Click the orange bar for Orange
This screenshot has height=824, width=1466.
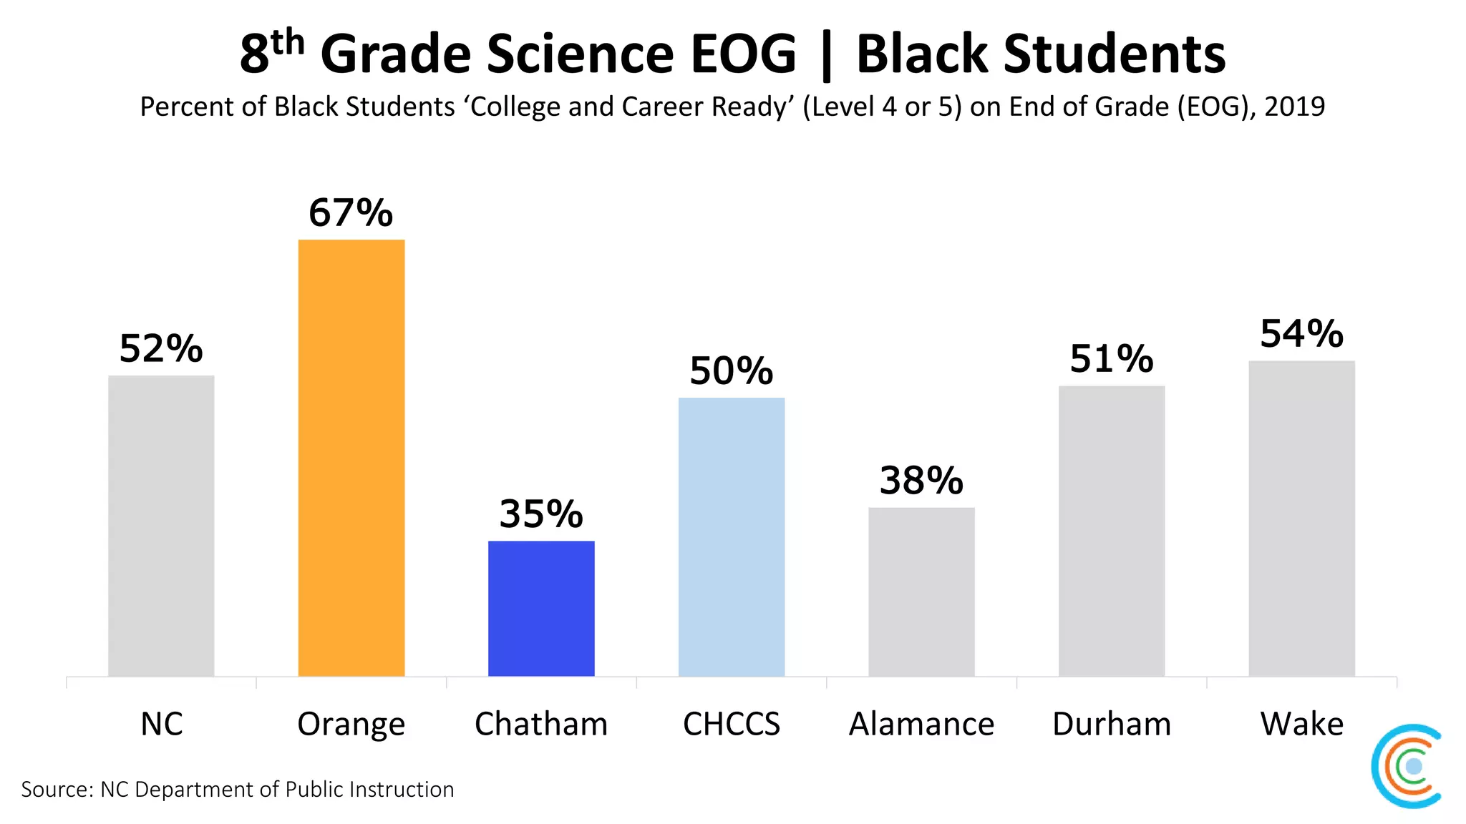tap(351, 458)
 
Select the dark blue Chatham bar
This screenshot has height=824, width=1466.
tap(541, 609)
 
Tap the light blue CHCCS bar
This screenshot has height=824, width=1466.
tap(732, 536)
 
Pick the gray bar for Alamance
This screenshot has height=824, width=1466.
tap(921, 592)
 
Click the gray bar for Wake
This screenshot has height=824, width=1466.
tap(1301, 519)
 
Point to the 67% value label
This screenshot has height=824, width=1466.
tap(351, 213)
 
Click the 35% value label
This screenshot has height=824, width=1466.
tap(541, 514)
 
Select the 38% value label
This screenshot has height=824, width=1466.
tap(921, 481)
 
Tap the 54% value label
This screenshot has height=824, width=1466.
tap(1301, 334)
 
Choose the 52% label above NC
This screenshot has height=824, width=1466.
tap(161, 349)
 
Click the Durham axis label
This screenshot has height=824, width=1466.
tap(1112, 724)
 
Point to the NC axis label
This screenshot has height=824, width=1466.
tap(161, 724)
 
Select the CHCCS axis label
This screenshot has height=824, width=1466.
tap(732, 724)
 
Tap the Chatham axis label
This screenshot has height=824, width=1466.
tap(541, 724)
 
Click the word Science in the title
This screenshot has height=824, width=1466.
tap(580, 54)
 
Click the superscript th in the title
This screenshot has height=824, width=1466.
tap(288, 43)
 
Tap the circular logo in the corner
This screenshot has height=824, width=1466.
tap(1407, 766)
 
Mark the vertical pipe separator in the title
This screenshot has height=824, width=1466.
tap(826, 56)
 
